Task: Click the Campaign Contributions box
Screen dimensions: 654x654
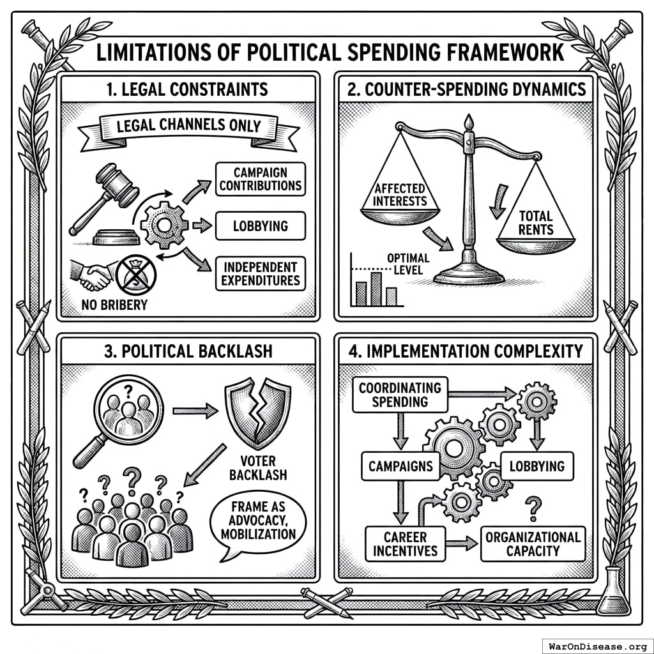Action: click(x=259, y=179)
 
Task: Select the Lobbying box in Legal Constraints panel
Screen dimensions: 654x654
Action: click(x=259, y=226)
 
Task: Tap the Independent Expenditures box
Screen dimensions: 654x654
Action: click(x=259, y=273)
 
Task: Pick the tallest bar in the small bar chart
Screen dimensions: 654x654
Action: click(x=376, y=288)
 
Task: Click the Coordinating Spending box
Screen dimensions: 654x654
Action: click(x=400, y=395)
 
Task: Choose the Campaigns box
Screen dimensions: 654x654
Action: click(x=400, y=466)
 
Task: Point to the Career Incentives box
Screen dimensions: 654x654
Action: click(x=406, y=544)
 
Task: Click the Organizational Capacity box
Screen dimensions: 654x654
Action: click(x=533, y=544)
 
